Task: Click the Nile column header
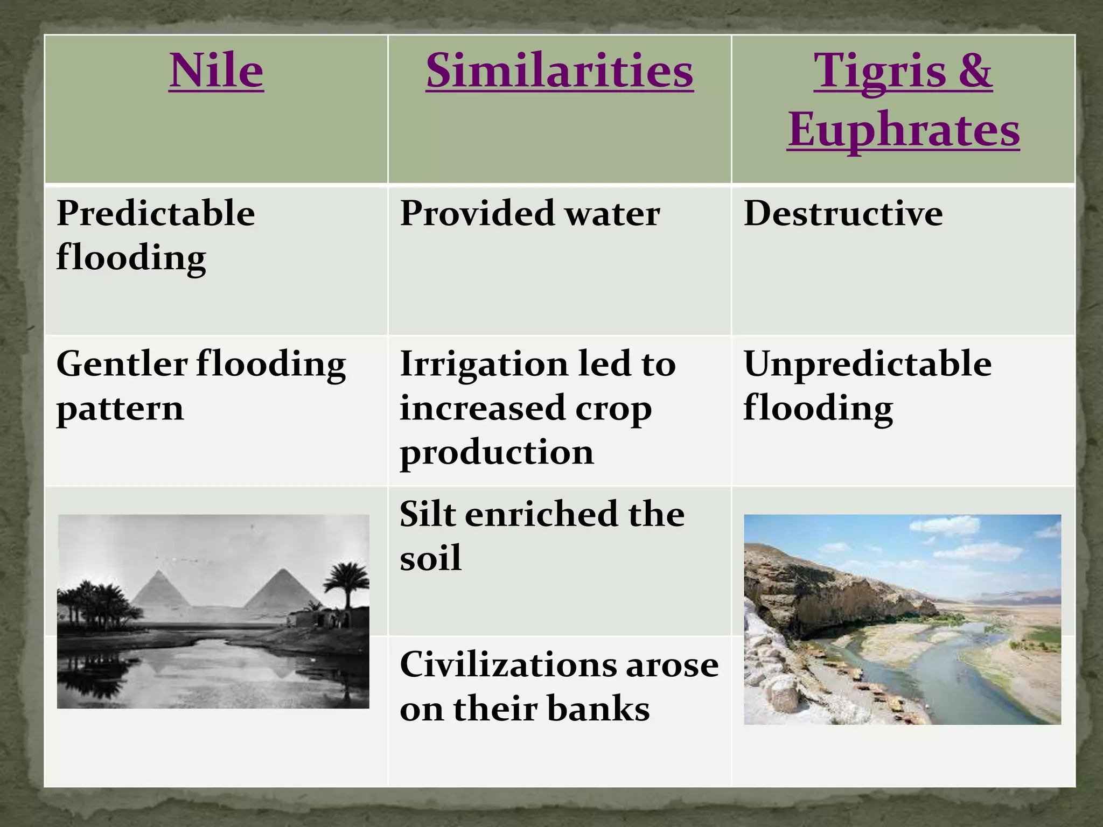coord(216,71)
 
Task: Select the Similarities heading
coord(559,71)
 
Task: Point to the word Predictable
coord(156,214)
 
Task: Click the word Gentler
coord(122,364)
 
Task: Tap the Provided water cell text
coord(529,214)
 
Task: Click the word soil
coord(430,558)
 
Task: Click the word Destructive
coord(843,214)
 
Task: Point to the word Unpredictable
coord(867,364)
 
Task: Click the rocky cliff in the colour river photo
coord(819,598)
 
